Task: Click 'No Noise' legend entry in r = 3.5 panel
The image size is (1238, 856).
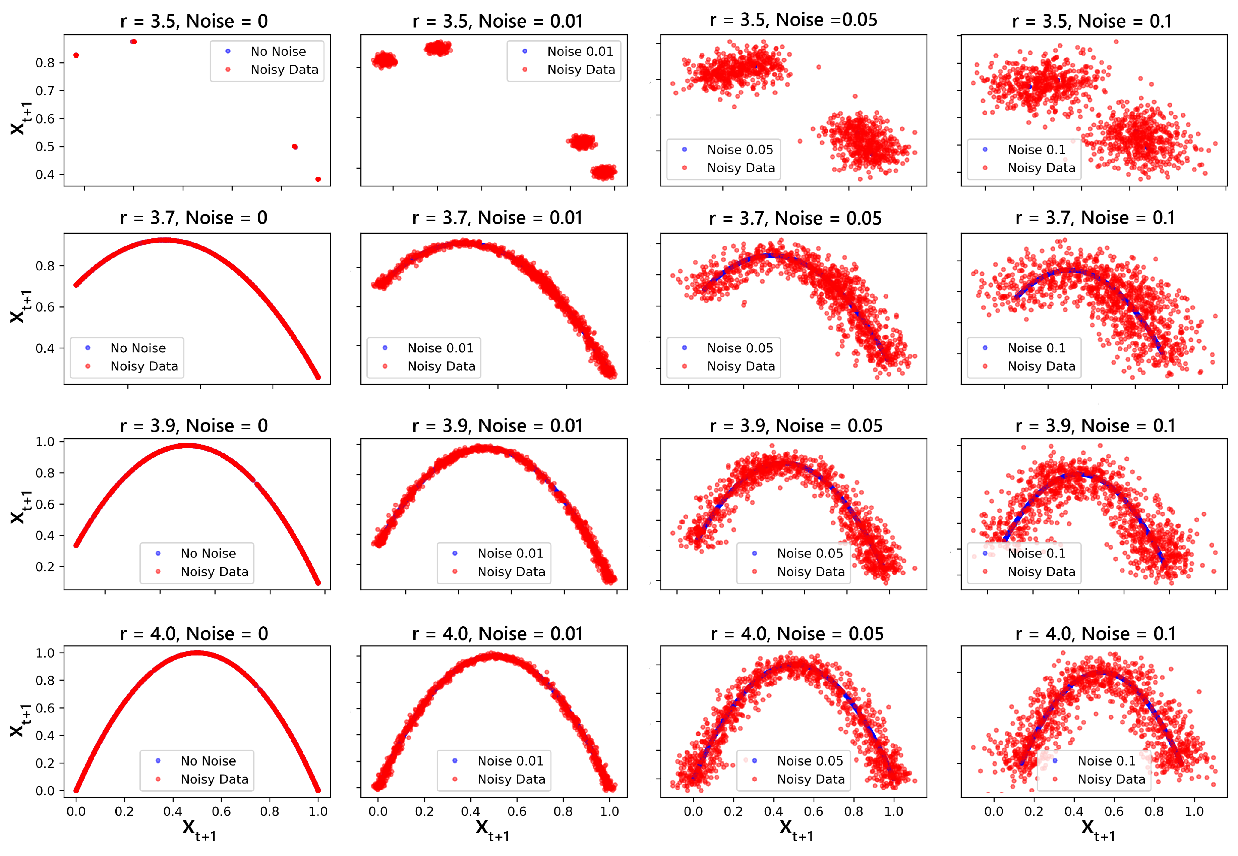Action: pyautogui.click(x=278, y=52)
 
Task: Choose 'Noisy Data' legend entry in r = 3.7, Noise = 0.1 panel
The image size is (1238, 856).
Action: pyautogui.click(x=1041, y=366)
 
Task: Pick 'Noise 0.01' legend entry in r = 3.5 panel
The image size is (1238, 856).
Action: pyautogui.click(x=580, y=52)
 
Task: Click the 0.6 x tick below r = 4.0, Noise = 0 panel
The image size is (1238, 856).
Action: pyautogui.click(x=221, y=811)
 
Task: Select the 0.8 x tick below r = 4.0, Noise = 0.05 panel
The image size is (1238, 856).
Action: pyautogui.click(x=853, y=811)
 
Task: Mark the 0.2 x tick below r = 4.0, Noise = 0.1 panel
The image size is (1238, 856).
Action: pyautogui.click(x=1033, y=811)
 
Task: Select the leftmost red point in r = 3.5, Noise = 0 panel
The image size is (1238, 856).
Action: pyautogui.click(x=76, y=55)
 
